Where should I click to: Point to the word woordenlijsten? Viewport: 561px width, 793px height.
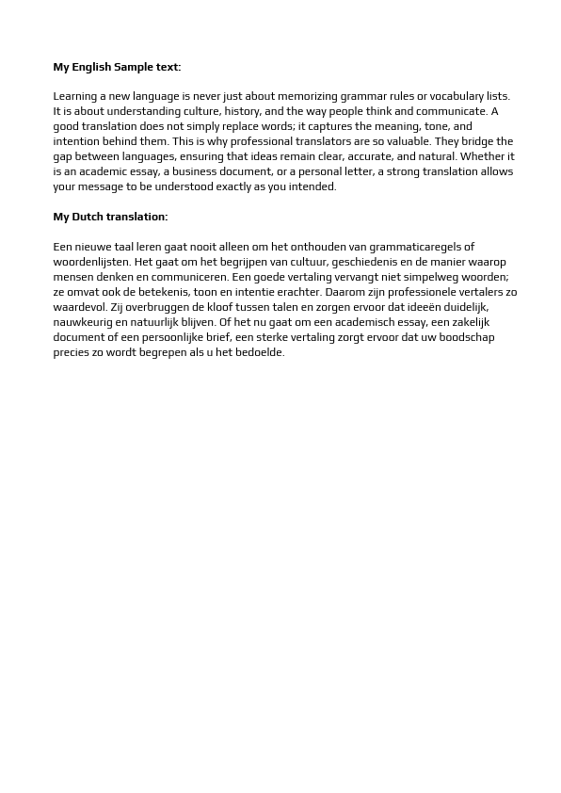tap(91, 262)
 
